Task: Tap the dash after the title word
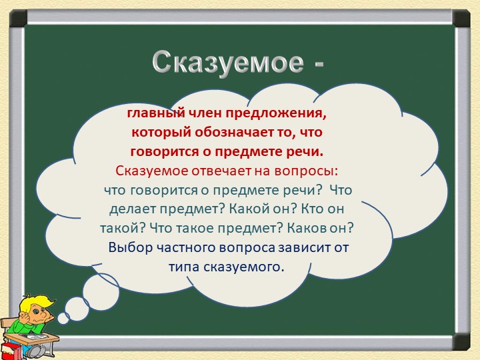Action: point(317,65)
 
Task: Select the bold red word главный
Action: point(155,113)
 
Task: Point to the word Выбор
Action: point(131,247)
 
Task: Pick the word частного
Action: point(189,247)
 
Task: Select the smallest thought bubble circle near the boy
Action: point(63,318)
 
